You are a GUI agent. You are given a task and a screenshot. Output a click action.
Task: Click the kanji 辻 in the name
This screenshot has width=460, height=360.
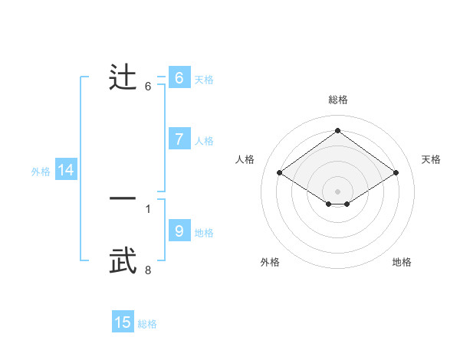123,78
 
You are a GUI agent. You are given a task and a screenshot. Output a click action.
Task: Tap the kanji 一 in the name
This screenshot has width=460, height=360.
123,198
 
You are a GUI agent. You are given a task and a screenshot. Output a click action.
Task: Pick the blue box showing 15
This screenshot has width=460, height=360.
123,322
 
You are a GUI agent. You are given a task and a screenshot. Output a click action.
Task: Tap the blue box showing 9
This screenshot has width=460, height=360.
179,231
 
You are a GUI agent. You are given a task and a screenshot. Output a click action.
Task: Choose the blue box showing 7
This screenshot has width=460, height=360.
179,139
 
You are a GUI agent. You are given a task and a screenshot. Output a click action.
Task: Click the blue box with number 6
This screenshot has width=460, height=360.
179,78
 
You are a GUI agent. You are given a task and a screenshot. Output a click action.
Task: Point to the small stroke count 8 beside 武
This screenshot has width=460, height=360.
148,270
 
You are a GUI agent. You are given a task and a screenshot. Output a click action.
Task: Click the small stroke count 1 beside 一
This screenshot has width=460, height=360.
148,208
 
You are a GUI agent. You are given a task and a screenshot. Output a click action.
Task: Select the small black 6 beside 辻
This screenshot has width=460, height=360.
148,86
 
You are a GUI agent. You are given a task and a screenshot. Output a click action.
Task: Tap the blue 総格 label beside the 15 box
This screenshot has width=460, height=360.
147,324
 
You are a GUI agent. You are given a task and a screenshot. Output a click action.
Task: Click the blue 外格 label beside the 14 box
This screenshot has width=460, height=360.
41,172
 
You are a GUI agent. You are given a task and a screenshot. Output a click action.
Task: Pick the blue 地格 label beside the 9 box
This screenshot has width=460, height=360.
204,233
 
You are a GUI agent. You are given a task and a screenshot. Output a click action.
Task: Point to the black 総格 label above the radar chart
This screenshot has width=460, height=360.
338,100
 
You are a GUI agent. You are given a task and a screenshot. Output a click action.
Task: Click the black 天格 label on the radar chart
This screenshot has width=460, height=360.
431,159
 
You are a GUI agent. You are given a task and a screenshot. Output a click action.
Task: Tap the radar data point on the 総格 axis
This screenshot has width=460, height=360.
338,130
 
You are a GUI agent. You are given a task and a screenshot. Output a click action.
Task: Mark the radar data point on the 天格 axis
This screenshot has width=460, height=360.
396,173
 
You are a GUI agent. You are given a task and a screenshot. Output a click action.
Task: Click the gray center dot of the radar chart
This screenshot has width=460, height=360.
338,191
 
